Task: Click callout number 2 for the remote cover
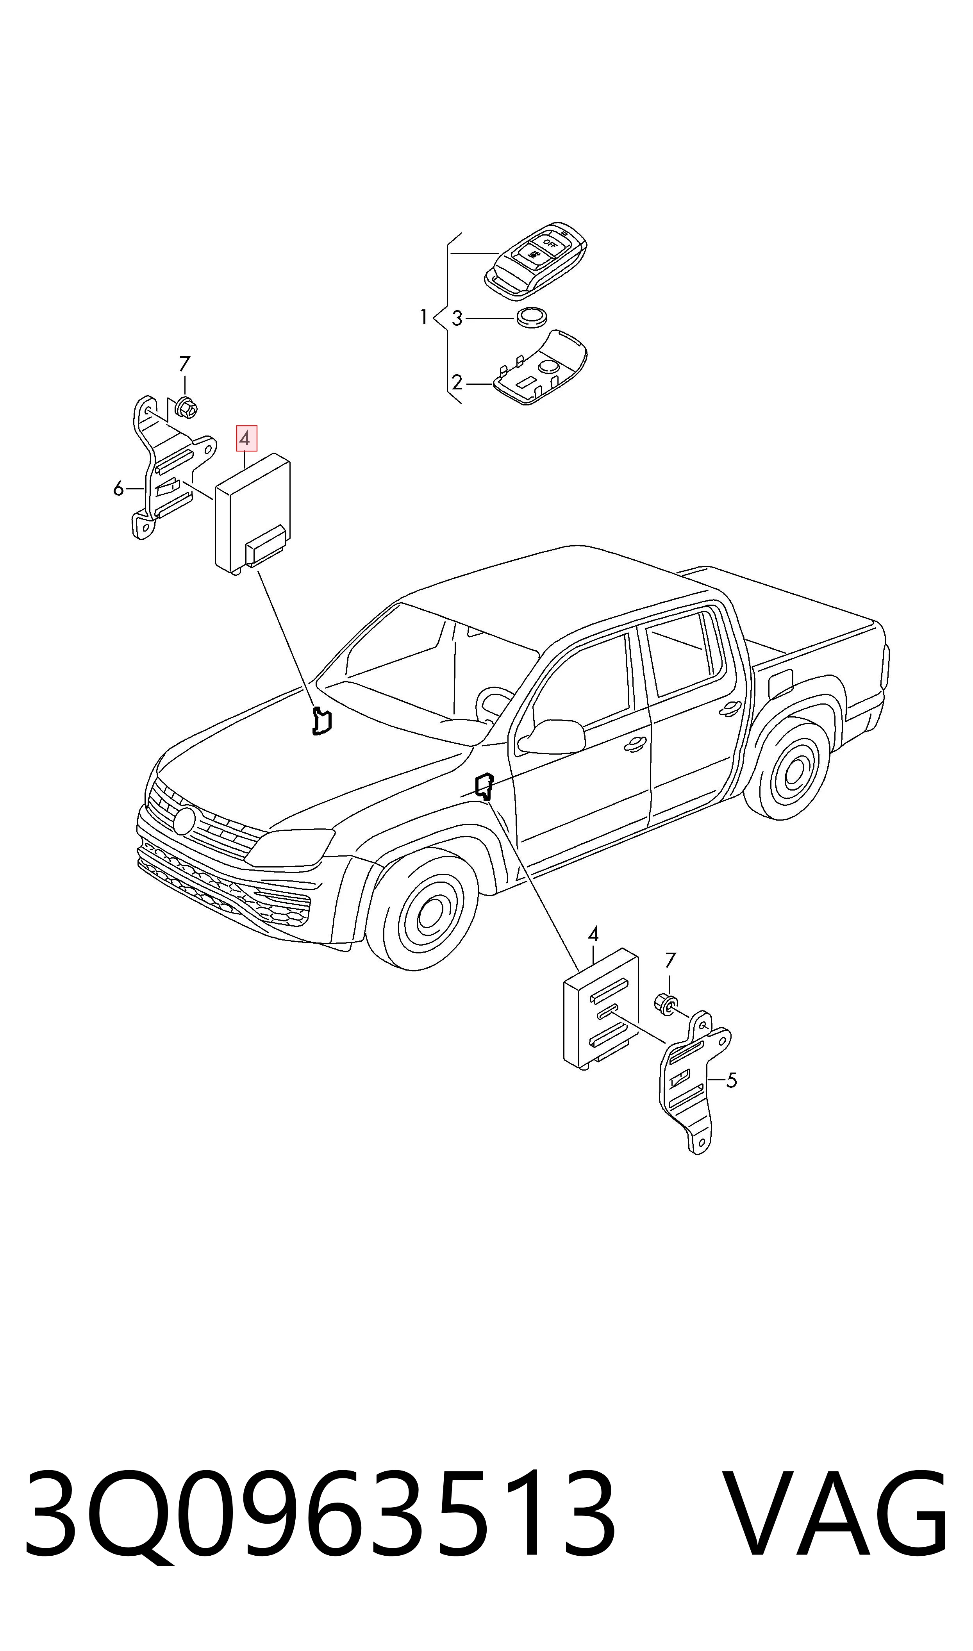click(x=457, y=382)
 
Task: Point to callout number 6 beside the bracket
click(x=118, y=488)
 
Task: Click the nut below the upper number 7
click(x=187, y=408)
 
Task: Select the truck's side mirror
click(x=552, y=737)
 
